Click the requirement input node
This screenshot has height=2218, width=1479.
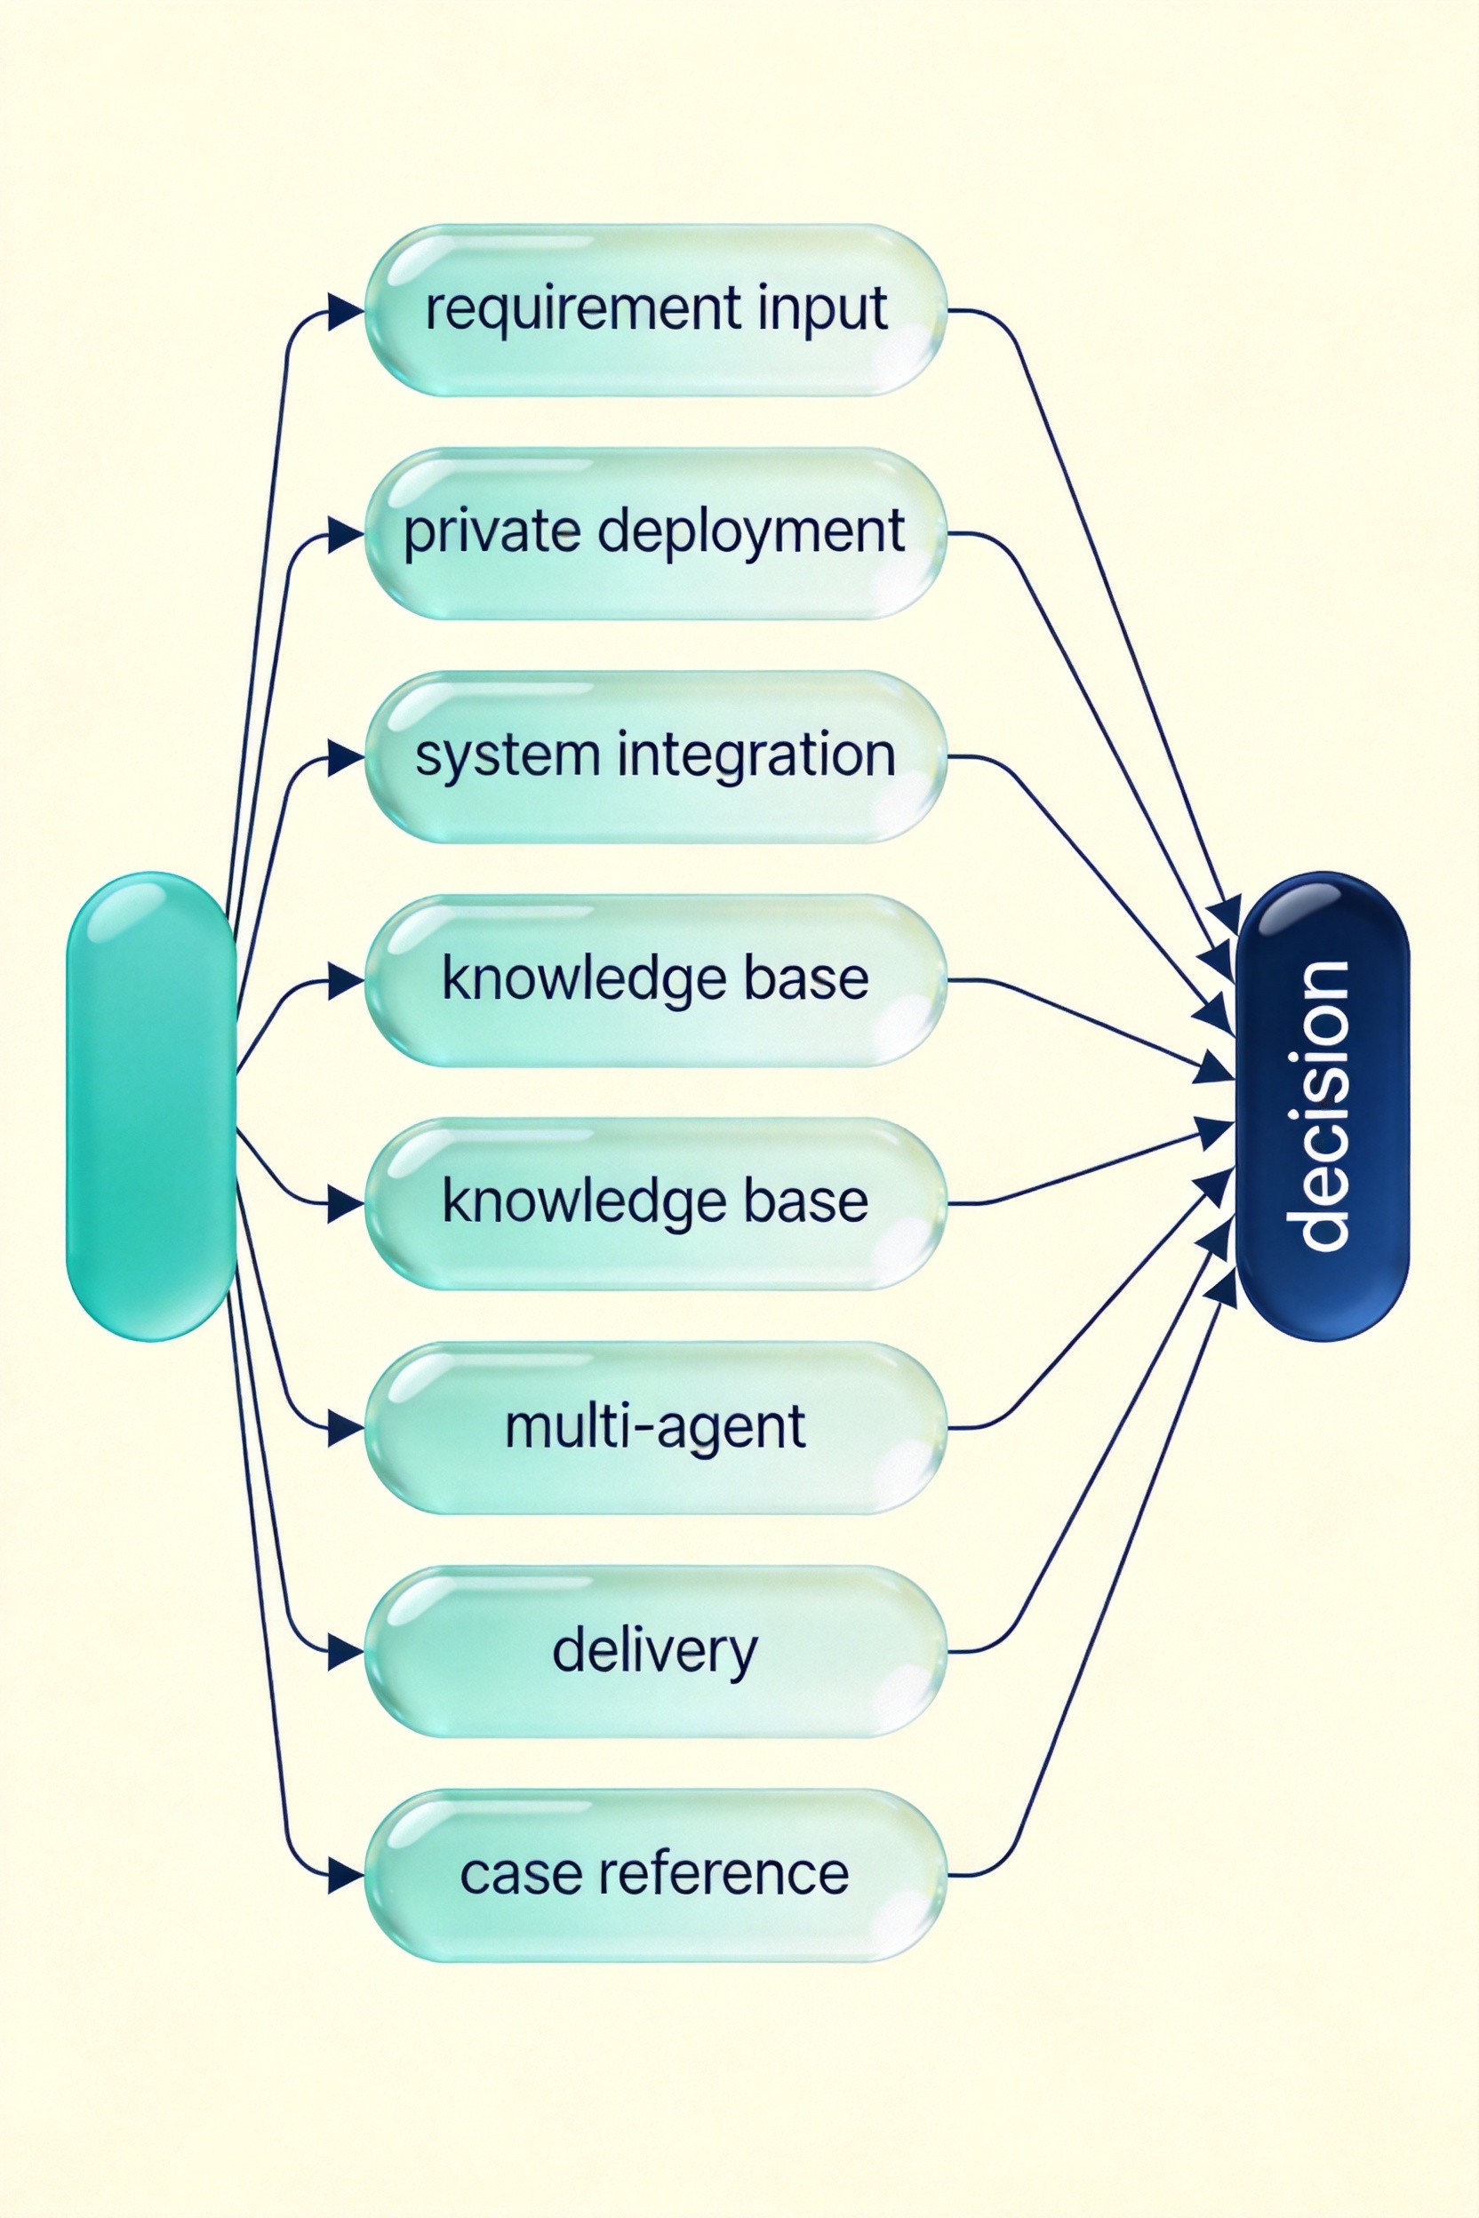(x=656, y=310)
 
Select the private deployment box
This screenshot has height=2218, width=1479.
(x=656, y=534)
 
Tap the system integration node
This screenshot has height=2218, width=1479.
(x=656, y=757)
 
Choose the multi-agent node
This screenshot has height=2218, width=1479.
(x=656, y=1428)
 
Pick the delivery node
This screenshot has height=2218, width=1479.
(x=656, y=1651)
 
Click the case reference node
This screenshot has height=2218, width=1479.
(x=656, y=1875)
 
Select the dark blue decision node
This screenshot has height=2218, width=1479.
(x=1322, y=1105)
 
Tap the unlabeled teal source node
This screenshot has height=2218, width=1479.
(x=151, y=1105)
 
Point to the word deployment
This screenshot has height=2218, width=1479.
(x=751, y=533)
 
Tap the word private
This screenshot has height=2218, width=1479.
(x=492, y=533)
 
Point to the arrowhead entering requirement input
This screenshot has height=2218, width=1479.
(x=346, y=311)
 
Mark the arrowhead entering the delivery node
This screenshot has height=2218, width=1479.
(x=346, y=1652)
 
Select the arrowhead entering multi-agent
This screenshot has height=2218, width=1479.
(x=346, y=1429)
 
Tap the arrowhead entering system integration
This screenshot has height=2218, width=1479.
(x=346, y=758)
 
